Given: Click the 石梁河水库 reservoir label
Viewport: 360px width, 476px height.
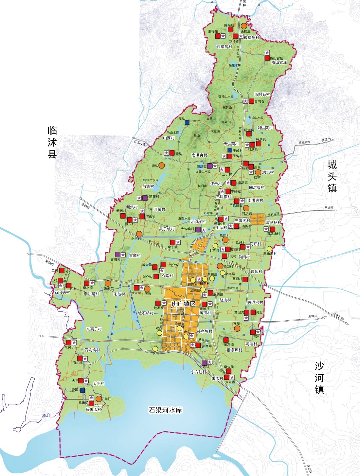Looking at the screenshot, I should coord(165,410).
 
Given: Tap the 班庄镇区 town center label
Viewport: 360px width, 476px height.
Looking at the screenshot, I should coord(184,304).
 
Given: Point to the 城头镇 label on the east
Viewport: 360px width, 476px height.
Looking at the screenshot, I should coord(332,176).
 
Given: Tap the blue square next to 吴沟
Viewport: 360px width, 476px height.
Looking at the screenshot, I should coord(187,122).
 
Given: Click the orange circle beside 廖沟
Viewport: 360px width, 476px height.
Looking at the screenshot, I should coord(161,166).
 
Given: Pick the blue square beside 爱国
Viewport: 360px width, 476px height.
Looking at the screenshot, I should coord(82,390).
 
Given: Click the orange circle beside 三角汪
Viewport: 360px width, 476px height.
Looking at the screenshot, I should coord(99,398).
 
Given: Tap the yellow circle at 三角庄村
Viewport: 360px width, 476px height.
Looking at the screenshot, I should coord(269,249).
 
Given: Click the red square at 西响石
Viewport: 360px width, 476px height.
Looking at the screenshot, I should coord(251,101).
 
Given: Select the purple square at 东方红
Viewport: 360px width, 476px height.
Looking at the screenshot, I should coord(204,363).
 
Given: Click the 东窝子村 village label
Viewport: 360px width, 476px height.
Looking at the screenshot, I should coord(94,329).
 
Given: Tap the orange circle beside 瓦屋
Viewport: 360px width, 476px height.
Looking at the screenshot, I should coord(237,328).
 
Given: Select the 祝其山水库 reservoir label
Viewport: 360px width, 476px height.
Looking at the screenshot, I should coord(226,97).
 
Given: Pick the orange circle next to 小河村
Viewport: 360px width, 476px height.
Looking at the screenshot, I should coord(139,234).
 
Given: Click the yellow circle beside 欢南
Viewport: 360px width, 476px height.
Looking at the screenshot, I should coord(155,349).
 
